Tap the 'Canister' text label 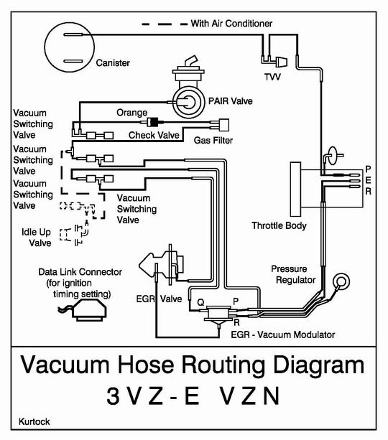point(114,63)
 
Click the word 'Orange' point(131,113)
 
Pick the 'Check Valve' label point(153,134)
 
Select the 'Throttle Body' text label point(279,225)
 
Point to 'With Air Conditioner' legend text point(231,24)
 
